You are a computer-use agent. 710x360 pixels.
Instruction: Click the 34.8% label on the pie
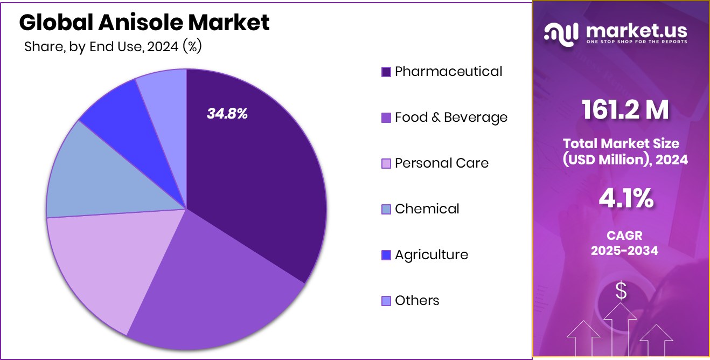pyautogui.click(x=227, y=114)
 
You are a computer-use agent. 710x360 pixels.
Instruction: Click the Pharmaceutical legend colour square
pyautogui.click(x=386, y=72)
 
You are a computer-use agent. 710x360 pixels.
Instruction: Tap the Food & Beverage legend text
pyautogui.click(x=451, y=117)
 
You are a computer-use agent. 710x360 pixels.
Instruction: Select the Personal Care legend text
pyautogui.click(x=441, y=163)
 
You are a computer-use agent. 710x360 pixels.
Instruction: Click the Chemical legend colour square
pyautogui.click(x=386, y=209)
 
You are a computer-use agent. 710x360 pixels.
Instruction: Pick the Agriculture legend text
pyautogui.click(x=431, y=254)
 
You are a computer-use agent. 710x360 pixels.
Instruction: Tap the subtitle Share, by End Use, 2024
pyautogui.click(x=113, y=47)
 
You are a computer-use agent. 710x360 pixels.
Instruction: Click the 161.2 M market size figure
pyautogui.click(x=625, y=109)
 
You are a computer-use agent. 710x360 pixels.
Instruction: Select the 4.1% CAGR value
pyautogui.click(x=626, y=199)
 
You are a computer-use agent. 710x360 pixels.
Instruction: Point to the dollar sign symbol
pyautogui.click(x=621, y=292)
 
